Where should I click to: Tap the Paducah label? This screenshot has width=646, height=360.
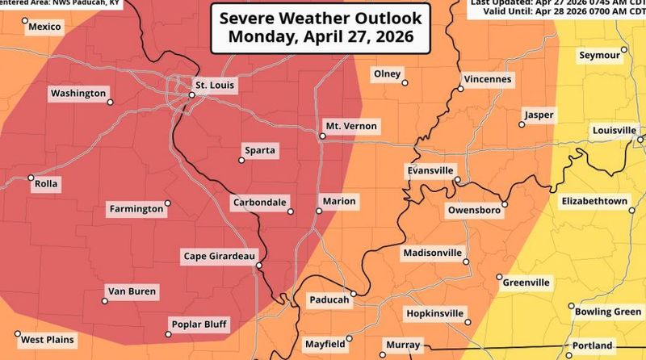(x=329, y=299)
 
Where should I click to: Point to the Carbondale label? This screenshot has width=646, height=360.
(x=259, y=201)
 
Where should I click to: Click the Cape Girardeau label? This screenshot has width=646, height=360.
(x=216, y=257)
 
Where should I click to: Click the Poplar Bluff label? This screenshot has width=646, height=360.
(x=199, y=325)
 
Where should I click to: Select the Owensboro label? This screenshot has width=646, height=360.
(x=476, y=210)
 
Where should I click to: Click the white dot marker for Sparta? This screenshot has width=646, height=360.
(x=241, y=160)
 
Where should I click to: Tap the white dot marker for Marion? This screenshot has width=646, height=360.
(x=318, y=211)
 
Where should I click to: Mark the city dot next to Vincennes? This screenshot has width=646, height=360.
(x=459, y=89)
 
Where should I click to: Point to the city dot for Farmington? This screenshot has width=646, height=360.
(x=168, y=203)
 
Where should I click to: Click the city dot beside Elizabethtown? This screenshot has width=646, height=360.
(x=632, y=210)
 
